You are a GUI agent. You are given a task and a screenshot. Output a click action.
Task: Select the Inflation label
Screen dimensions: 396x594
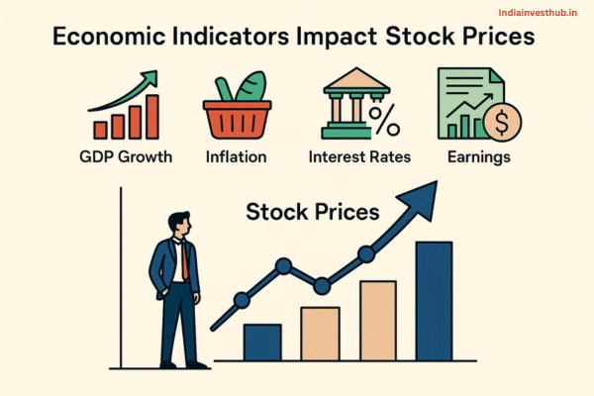(x=236, y=156)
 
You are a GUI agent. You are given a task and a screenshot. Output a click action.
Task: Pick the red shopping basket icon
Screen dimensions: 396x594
(x=236, y=117)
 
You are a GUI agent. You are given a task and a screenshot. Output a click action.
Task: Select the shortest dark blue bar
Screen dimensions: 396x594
(x=262, y=341)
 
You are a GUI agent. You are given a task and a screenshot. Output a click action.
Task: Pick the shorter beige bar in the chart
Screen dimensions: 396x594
(x=320, y=333)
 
